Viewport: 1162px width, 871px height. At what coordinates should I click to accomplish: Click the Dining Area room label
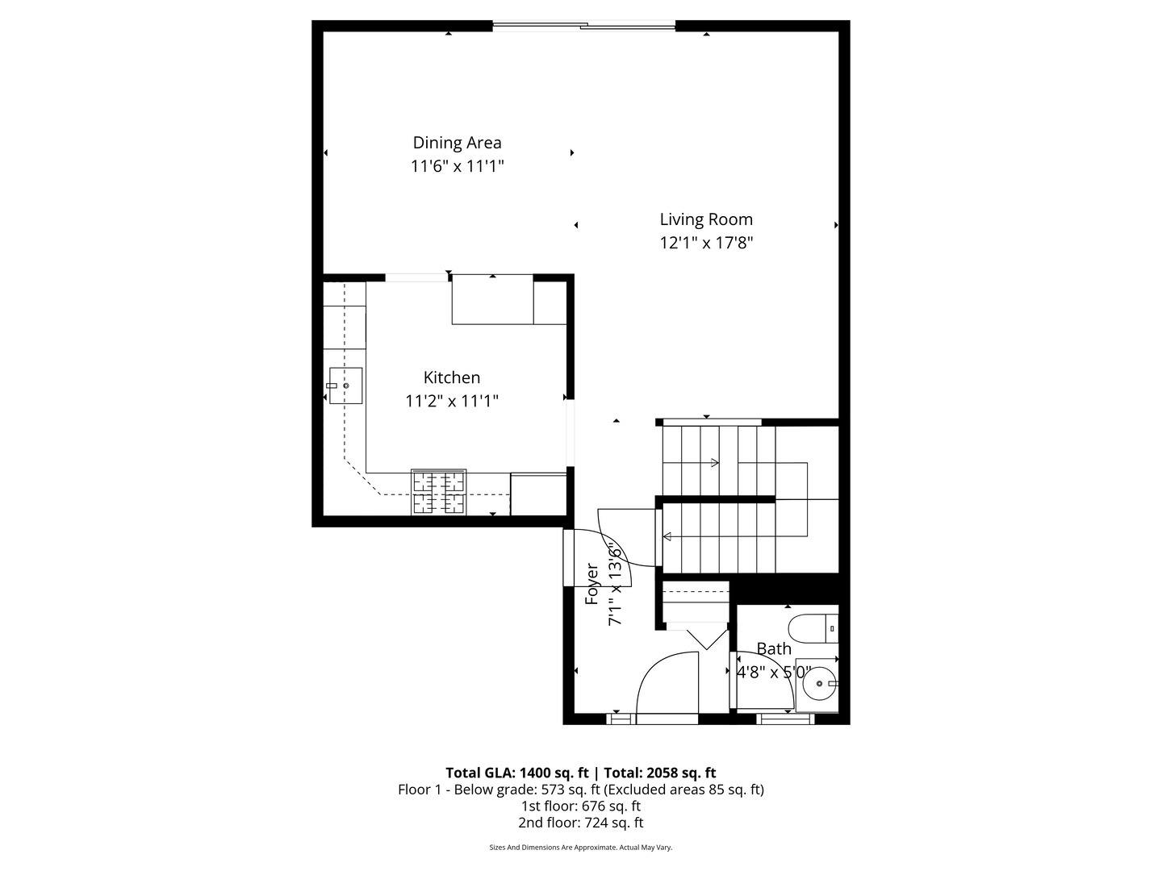pos(457,143)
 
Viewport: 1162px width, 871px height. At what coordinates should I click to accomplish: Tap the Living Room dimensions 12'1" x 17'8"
pos(706,243)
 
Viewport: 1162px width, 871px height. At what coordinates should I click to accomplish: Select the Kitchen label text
pos(452,377)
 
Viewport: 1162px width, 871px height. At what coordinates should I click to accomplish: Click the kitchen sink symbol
pos(345,385)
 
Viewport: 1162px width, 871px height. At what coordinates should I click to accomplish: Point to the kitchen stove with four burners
pos(439,492)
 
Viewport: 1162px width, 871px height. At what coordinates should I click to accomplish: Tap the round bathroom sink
pos(820,684)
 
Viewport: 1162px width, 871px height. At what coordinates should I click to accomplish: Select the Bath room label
pos(774,648)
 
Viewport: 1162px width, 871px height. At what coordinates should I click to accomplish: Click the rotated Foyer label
pos(592,584)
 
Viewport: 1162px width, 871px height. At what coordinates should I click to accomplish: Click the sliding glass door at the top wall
pos(583,27)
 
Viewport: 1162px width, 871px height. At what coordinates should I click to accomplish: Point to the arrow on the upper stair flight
pos(714,463)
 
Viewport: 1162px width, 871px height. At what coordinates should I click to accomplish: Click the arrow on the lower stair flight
pos(668,536)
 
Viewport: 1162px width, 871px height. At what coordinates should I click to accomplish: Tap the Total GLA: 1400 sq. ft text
pos(516,773)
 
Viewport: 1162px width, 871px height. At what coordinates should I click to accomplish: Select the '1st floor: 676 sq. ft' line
pos(580,806)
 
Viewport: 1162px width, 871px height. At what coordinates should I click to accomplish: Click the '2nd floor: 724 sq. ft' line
pos(580,823)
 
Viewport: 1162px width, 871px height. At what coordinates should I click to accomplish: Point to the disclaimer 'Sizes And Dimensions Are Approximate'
pos(580,848)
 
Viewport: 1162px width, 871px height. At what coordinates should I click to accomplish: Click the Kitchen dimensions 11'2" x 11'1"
pos(452,401)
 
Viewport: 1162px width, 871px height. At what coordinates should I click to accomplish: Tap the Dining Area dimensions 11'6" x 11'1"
pos(457,167)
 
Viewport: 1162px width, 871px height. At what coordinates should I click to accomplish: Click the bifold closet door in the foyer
pos(707,637)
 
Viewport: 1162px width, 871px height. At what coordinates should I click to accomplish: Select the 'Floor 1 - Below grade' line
pos(580,790)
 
